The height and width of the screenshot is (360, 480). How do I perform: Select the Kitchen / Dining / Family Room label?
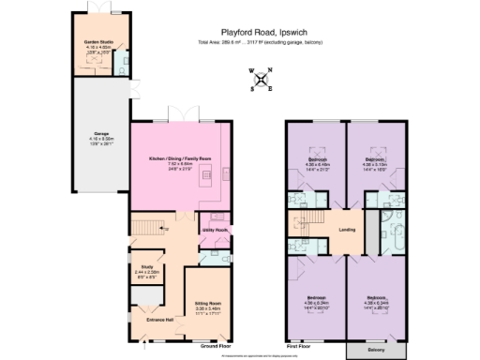(x=180, y=159)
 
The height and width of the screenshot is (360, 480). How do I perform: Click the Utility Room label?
(x=215, y=230)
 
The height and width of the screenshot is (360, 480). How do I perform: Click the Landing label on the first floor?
(x=345, y=229)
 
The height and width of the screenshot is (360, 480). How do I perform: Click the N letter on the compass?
(x=270, y=70)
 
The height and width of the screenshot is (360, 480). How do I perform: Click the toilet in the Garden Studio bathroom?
(x=126, y=67)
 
